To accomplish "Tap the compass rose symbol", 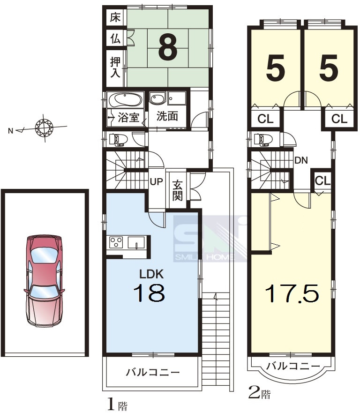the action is pos(44,127).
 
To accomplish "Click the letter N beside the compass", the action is pos(11,131).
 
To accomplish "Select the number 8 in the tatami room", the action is pos(168,48).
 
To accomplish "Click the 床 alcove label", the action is pos(115,17).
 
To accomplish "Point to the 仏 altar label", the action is pos(115,39).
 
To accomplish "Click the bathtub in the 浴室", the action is pos(125,100).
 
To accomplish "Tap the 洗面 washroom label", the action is pos(167,116).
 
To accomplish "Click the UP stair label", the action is pos(156,181).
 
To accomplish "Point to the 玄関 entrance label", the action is pos(177,190).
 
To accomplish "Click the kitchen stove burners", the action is pos(116,242).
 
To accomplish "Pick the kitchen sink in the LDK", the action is pos(136,243).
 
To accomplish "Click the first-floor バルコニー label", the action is pos(153,372).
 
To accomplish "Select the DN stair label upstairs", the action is pos(301,160).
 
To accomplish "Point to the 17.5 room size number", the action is pos(292,292).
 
